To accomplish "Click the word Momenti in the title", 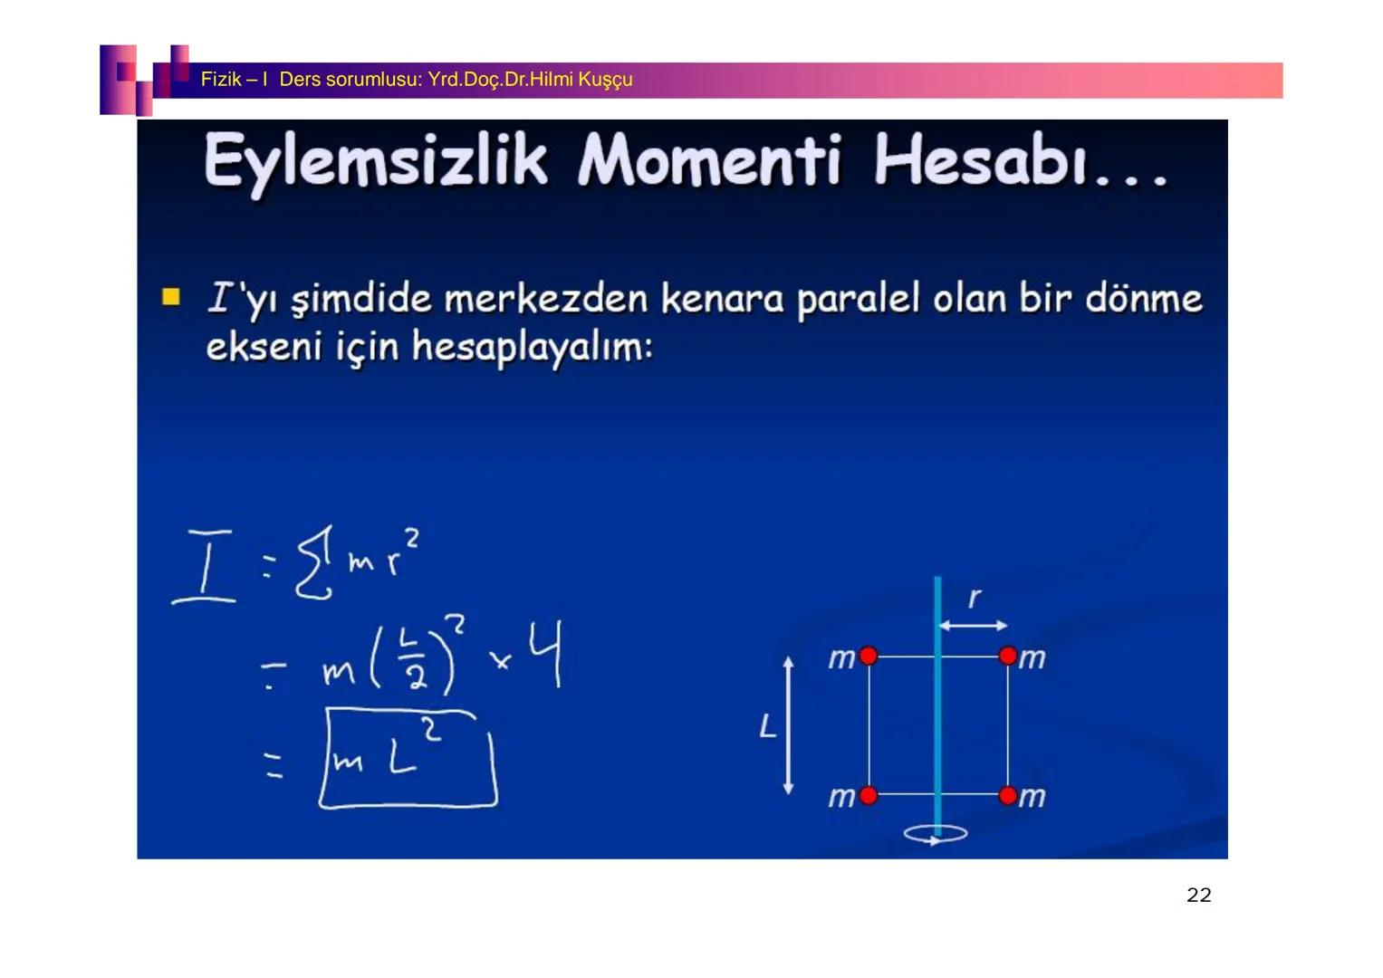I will [709, 161].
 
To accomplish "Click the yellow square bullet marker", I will [170, 297].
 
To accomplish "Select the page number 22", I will [1198, 895].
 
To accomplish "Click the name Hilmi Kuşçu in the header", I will [581, 80].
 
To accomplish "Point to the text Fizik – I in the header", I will [234, 80].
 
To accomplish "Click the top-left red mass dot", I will [868, 656].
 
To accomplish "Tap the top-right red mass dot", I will [1008, 656].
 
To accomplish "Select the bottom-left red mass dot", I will [868, 796].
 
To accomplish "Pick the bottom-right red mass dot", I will [1008, 796].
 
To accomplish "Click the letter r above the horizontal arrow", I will [975, 598].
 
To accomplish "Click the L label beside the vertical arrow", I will [767, 726].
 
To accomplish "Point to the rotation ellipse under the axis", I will [936, 834].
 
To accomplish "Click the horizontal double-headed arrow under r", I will [973, 625].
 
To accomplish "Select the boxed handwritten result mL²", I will [408, 759].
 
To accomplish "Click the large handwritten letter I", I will [206, 566].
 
